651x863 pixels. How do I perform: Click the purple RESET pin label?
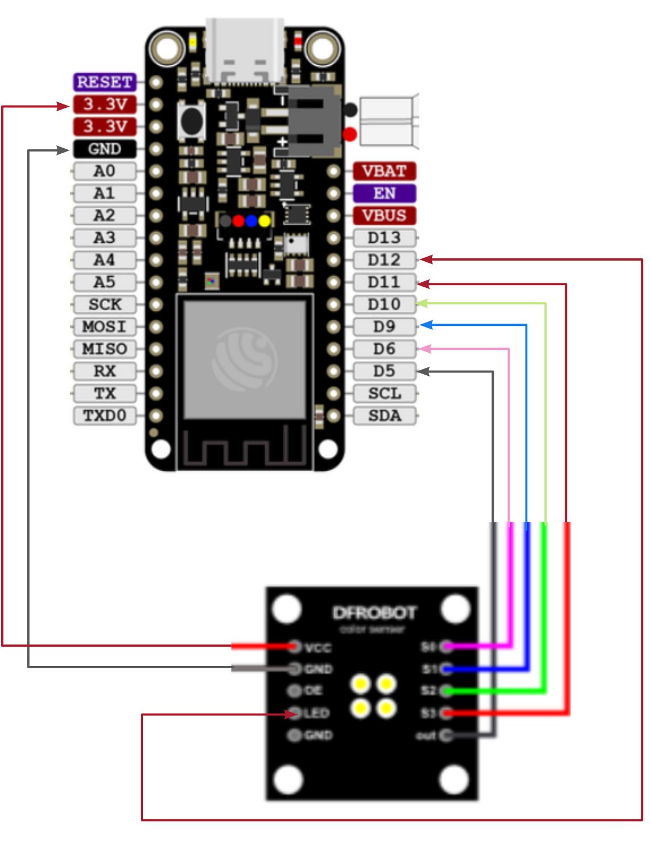point(104,82)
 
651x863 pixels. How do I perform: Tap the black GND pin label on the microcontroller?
point(104,149)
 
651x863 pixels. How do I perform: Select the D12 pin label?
point(384,260)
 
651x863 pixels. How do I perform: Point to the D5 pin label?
point(384,371)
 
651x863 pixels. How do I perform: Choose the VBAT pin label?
point(384,171)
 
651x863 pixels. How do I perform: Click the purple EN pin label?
point(384,193)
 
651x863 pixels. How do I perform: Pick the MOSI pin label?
point(104,326)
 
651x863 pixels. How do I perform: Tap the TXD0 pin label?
point(104,416)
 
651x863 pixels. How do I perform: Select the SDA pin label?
point(384,416)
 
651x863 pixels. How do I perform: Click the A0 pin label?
point(104,171)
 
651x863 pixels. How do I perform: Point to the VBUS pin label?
point(384,215)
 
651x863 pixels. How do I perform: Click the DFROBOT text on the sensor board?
point(374,613)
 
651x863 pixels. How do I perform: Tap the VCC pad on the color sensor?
point(294,646)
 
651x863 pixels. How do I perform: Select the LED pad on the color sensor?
point(294,713)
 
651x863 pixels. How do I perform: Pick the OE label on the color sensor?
point(313,690)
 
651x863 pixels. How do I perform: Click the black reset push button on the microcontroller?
point(192,119)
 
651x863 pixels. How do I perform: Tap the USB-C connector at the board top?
point(245,51)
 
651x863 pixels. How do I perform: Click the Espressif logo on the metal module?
point(245,358)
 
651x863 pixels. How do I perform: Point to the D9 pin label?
point(384,326)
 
